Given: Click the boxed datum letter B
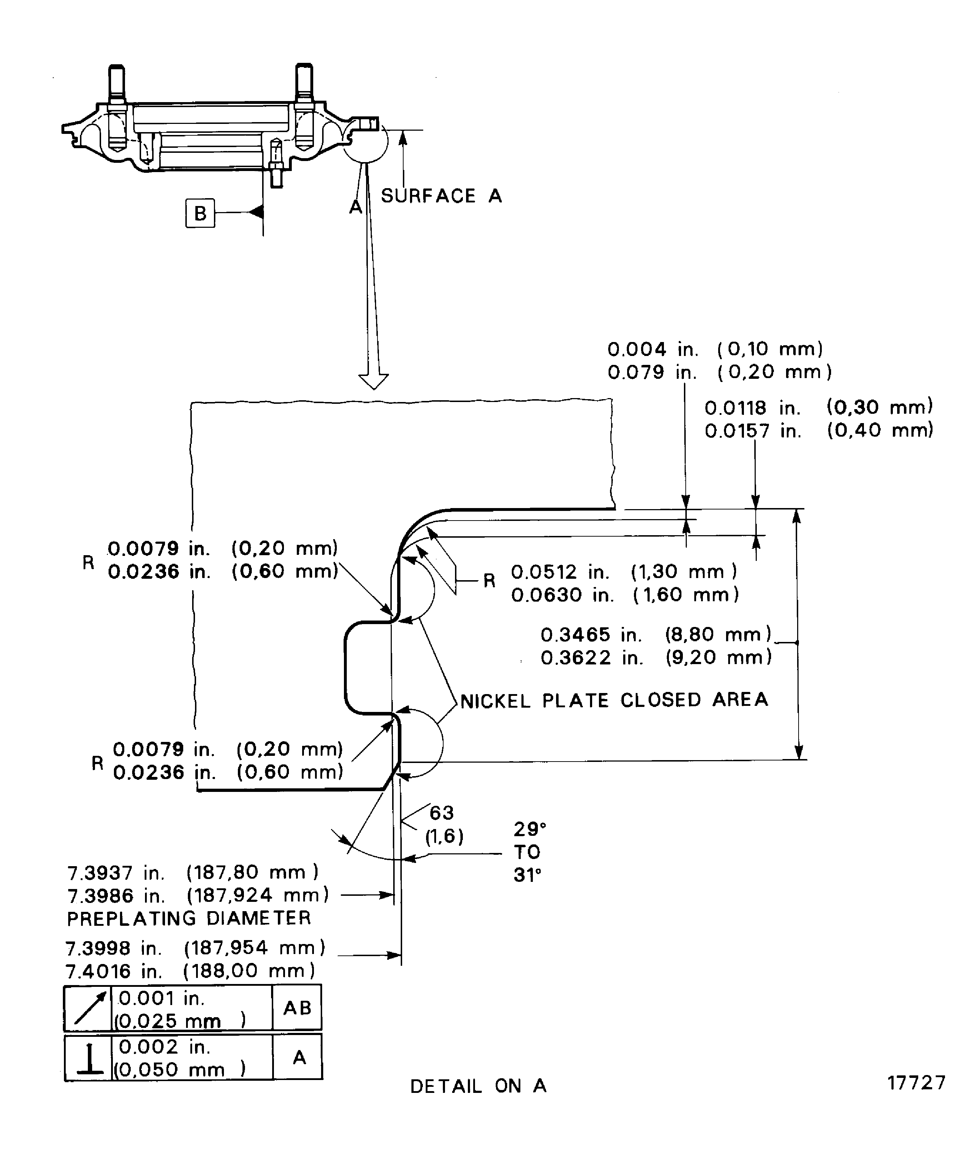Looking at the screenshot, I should click(200, 213).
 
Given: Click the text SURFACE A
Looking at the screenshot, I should click(441, 196).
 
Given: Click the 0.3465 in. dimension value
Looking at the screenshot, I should click(591, 634).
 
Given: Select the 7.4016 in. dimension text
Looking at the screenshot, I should click(114, 971).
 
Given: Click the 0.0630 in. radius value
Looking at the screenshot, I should click(562, 595).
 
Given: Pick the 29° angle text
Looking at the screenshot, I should click(529, 829).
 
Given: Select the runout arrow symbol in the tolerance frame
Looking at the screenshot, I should click(89, 1008).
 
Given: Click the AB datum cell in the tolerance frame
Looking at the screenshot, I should click(297, 1008).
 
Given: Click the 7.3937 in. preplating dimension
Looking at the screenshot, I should click(115, 873).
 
